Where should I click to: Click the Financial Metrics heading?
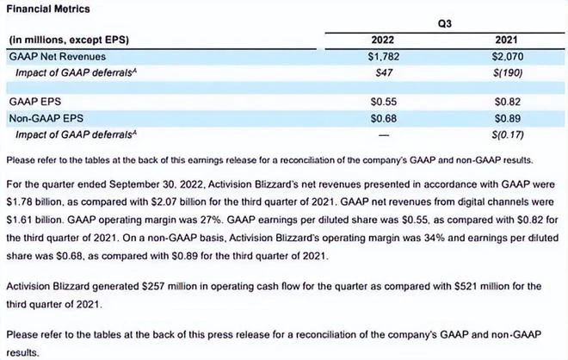(x=41, y=8)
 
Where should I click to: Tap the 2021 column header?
(x=507, y=40)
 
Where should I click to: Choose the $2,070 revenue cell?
(x=507, y=56)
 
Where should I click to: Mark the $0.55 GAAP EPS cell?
(x=383, y=102)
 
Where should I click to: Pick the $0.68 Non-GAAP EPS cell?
(x=383, y=118)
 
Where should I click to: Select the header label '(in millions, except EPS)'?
(x=64, y=40)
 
